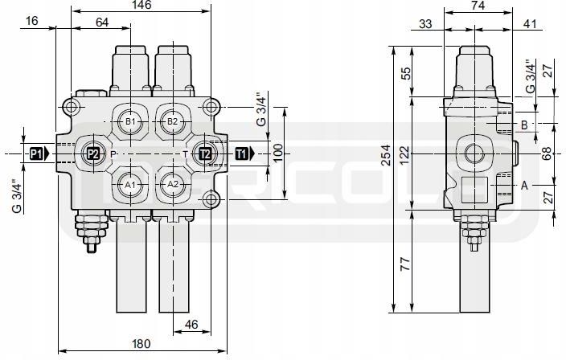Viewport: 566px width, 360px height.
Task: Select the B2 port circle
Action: tap(172, 121)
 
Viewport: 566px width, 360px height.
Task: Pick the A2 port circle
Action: tap(172, 184)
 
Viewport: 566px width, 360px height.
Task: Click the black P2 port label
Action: tap(92, 153)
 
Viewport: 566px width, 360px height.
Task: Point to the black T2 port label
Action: tap(205, 153)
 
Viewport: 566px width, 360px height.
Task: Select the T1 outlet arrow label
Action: tap(244, 153)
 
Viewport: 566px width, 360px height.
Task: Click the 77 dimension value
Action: tap(405, 261)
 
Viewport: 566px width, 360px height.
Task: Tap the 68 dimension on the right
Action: tap(547, 153)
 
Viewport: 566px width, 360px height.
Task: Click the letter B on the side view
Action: tap(523, 125)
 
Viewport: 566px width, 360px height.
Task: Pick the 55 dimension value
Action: tap(405, 72)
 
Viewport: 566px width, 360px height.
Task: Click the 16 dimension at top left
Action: tap(31, 22)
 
